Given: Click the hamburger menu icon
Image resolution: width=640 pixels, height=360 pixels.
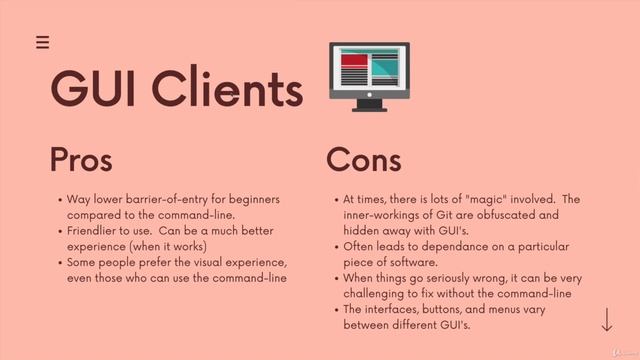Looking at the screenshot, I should (42, 42).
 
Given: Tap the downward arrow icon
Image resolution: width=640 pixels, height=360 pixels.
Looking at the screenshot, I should (607, 321).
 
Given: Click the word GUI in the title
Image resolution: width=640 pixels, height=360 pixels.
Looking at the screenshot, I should (98, 89).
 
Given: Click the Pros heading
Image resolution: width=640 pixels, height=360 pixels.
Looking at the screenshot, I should (81, 160).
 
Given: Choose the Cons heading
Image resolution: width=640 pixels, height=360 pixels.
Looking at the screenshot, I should (364, 160).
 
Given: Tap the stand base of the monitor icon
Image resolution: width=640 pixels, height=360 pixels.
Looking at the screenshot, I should (369, 106).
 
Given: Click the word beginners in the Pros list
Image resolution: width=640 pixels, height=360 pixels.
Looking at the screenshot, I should (248, 199).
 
